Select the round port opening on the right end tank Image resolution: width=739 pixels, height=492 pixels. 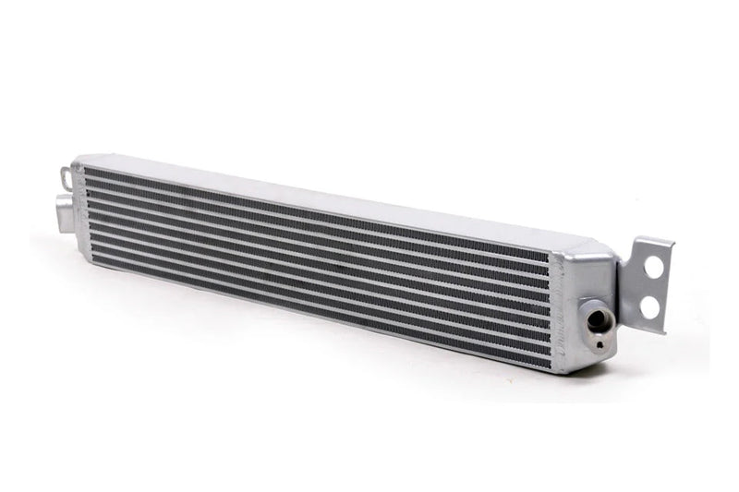(598, 320)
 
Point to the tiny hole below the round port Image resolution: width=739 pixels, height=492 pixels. (600, 344)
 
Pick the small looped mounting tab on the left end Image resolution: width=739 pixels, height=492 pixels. (66, 174)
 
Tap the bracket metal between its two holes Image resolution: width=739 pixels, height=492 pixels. (654, 285)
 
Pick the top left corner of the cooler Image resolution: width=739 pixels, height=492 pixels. (78, 159)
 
